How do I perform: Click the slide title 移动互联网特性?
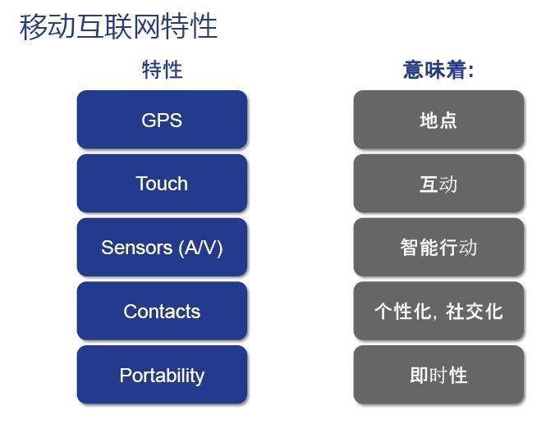coord(118,27)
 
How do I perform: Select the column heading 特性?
coord(162,71)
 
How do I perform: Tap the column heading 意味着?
coord(438,71)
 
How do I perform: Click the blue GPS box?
coord(162,120)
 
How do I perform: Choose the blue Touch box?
coord(162,184)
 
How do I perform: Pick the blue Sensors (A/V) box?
coord(162,247)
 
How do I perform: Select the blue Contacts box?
coord(162,311)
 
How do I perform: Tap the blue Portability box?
coord(162,375)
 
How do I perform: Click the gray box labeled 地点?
coord(438,120)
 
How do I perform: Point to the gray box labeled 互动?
coord(438,184)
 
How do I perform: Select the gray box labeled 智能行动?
coord(438,247)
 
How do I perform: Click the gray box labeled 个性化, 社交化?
coord(438,311)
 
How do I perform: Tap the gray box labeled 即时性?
coord(438,375)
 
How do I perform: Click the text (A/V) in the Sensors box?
coord(200,248)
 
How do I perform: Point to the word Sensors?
coord(135,248)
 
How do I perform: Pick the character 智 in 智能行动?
coord(410,248)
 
